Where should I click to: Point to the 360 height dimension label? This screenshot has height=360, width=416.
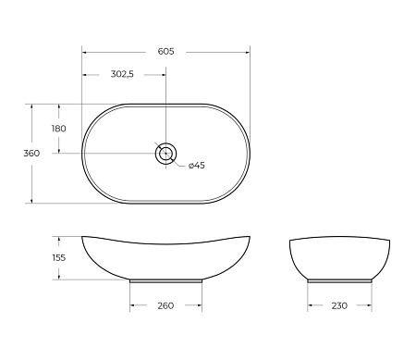coord(31,154)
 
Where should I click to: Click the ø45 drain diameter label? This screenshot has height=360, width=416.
coord(196,166)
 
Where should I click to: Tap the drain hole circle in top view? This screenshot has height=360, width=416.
coord(166,154)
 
